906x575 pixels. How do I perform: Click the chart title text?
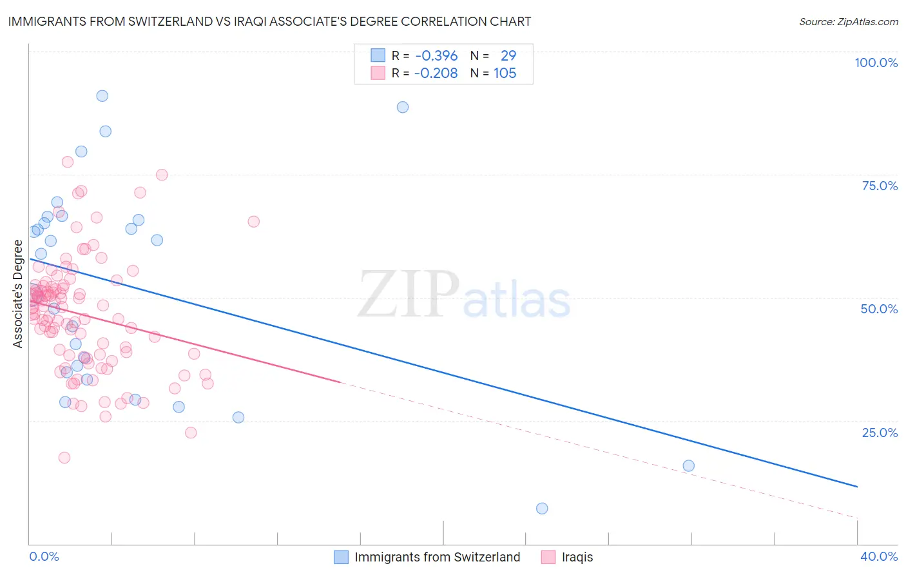pos(269,21)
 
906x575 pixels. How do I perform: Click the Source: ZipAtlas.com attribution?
pos(848,21)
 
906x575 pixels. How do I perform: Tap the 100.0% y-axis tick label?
pos(876,63)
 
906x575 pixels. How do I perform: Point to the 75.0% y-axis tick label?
pos(880,186)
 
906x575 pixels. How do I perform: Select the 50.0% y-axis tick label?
pos(879,309)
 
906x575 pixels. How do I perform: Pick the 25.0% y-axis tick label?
pos(880,432)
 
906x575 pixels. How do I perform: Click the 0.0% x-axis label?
pos(44,556)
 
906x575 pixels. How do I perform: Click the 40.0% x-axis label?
pos(879,556)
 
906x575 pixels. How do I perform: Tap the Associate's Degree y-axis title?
pos(18,294)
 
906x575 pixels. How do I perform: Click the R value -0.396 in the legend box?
pos(436,55)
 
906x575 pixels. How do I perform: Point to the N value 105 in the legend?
pos(505,73)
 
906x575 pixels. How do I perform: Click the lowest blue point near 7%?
pos(542,509)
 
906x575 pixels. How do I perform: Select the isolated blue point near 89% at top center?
pos(403,107)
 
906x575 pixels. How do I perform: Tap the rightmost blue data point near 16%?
pos(688,466)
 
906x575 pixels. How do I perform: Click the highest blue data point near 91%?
pos(102,96)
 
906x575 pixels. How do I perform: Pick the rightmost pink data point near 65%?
pos(253,222)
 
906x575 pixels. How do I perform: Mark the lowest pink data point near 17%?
pos(64,458)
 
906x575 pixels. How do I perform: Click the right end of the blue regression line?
pos(857,487)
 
